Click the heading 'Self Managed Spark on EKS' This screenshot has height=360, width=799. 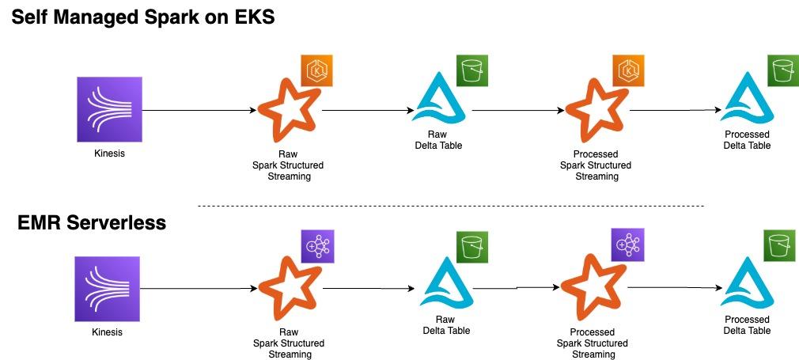point(142,17)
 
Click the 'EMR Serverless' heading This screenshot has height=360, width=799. point(92,223)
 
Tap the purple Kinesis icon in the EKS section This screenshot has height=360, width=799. point(109,109)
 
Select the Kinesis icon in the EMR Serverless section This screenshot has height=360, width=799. point(108,289)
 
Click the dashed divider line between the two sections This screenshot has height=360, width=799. point(450,207)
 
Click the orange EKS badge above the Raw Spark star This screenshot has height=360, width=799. point(316,71)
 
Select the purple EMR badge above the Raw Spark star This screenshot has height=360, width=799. point(316,247)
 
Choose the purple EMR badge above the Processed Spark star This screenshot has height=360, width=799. point(628,244)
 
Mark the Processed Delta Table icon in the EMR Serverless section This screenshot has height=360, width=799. point(746,285)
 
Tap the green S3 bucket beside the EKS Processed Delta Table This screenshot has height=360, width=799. point(782,70)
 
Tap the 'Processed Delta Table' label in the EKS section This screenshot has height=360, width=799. point(746,140)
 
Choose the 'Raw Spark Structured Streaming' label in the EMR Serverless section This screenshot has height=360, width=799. point(289,343)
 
